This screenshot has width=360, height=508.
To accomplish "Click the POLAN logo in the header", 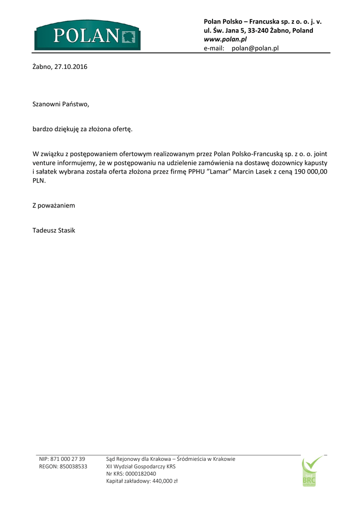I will (87, 35).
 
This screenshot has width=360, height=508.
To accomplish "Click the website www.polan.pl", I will (225, 39).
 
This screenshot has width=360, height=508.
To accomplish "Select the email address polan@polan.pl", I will (255, 48).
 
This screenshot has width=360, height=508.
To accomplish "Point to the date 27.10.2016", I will (71, 66).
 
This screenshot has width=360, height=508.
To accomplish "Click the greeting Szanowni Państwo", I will (61, 104).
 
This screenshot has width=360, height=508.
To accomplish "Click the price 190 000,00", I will (308, 171).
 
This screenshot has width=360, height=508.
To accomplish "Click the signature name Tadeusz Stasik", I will (54, 230).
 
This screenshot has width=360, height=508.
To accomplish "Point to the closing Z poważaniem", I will (54, 205).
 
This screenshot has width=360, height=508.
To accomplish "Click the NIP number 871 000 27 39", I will (68, 459).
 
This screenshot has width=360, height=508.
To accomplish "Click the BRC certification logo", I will (311, 472).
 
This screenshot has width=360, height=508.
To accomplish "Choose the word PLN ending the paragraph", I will (39, 181).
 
